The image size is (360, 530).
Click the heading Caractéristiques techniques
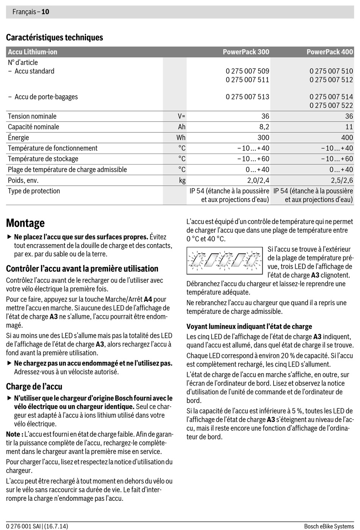coord(54,37)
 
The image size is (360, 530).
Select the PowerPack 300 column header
coord(246,52)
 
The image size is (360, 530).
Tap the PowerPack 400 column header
coord(329,52)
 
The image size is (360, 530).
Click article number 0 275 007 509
coord(247,71)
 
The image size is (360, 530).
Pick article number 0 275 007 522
coord(331,105)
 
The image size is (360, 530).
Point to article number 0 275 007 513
coord(247,97)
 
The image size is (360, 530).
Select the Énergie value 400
coord(347,137)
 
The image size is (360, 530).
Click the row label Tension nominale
coord(32,116)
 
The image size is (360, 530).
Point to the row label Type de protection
coord(34,191)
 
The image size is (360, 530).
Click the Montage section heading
coord(25,223)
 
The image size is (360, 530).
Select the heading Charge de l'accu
coord(34,386)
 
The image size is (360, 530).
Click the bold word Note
coord(14,434)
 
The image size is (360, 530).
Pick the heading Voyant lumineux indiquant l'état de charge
coord(249,326)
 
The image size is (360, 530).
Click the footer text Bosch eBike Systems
coord(329,526)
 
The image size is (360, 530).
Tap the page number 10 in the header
coord(45,12)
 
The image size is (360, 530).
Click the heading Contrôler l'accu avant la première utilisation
coord(82,268)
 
